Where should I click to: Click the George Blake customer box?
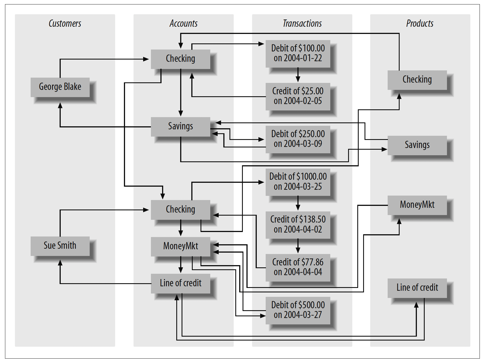(60, 87)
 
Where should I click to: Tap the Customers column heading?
(65, 23)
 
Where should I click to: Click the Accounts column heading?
(184, 23)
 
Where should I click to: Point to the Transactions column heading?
(302, 23)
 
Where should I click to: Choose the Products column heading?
(420, 23)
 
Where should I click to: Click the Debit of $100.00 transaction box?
(298, 53)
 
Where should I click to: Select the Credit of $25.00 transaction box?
(298, 96)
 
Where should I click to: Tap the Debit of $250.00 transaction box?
(298, 139)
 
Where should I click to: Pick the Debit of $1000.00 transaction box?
(298, 182)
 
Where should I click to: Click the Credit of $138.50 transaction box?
(298, 225)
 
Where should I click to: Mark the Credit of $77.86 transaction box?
(298, 268)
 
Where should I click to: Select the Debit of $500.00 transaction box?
(298, 310)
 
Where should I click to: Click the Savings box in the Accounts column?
(180, 127)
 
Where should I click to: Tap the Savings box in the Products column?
(417, 145)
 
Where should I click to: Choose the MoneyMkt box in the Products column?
(417, 205)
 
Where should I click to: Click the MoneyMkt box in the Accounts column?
(180, 246)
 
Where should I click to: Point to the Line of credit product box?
(417, 288)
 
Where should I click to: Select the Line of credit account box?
(180, 283)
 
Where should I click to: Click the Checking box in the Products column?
(417, 80)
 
